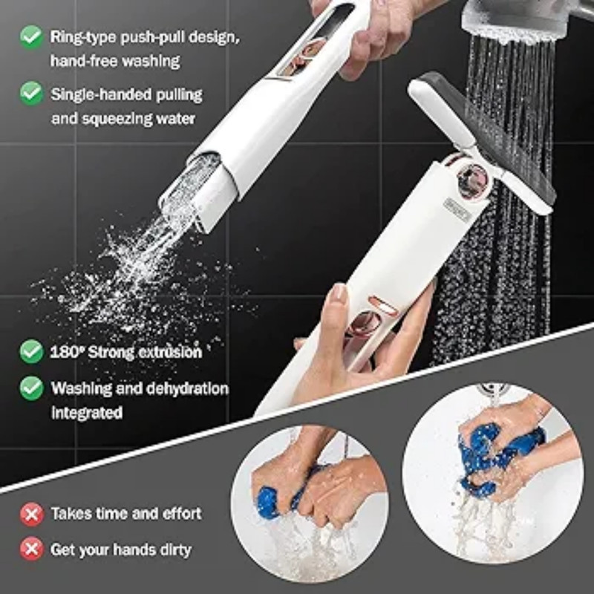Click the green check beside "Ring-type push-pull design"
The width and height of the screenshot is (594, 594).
(31, 36)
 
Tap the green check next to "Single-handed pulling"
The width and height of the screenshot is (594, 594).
(31, 94)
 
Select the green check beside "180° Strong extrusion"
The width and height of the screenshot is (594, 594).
(31, 351)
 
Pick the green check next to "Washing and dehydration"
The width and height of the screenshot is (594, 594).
(31, 388)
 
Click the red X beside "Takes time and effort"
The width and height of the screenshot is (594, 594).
(31, 513)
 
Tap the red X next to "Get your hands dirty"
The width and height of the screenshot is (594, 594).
(31, 549)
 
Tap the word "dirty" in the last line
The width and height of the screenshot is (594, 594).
(172, 550)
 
